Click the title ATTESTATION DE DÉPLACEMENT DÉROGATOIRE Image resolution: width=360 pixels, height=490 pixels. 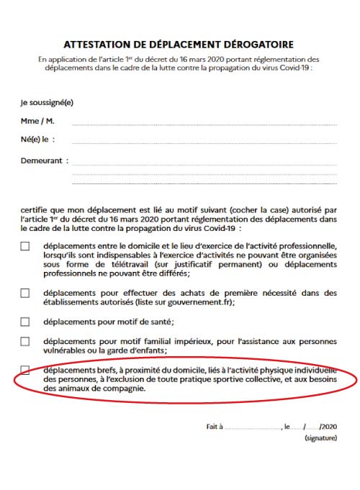[179, 45]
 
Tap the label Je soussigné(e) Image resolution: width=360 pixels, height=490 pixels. [47, 102]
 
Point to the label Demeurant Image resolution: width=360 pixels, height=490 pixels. [45, 160]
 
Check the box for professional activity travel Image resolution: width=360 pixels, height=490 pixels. [25, 247]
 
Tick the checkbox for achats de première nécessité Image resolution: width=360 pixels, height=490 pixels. [25, 293]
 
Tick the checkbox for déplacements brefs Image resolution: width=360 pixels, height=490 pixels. [25, 370]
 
